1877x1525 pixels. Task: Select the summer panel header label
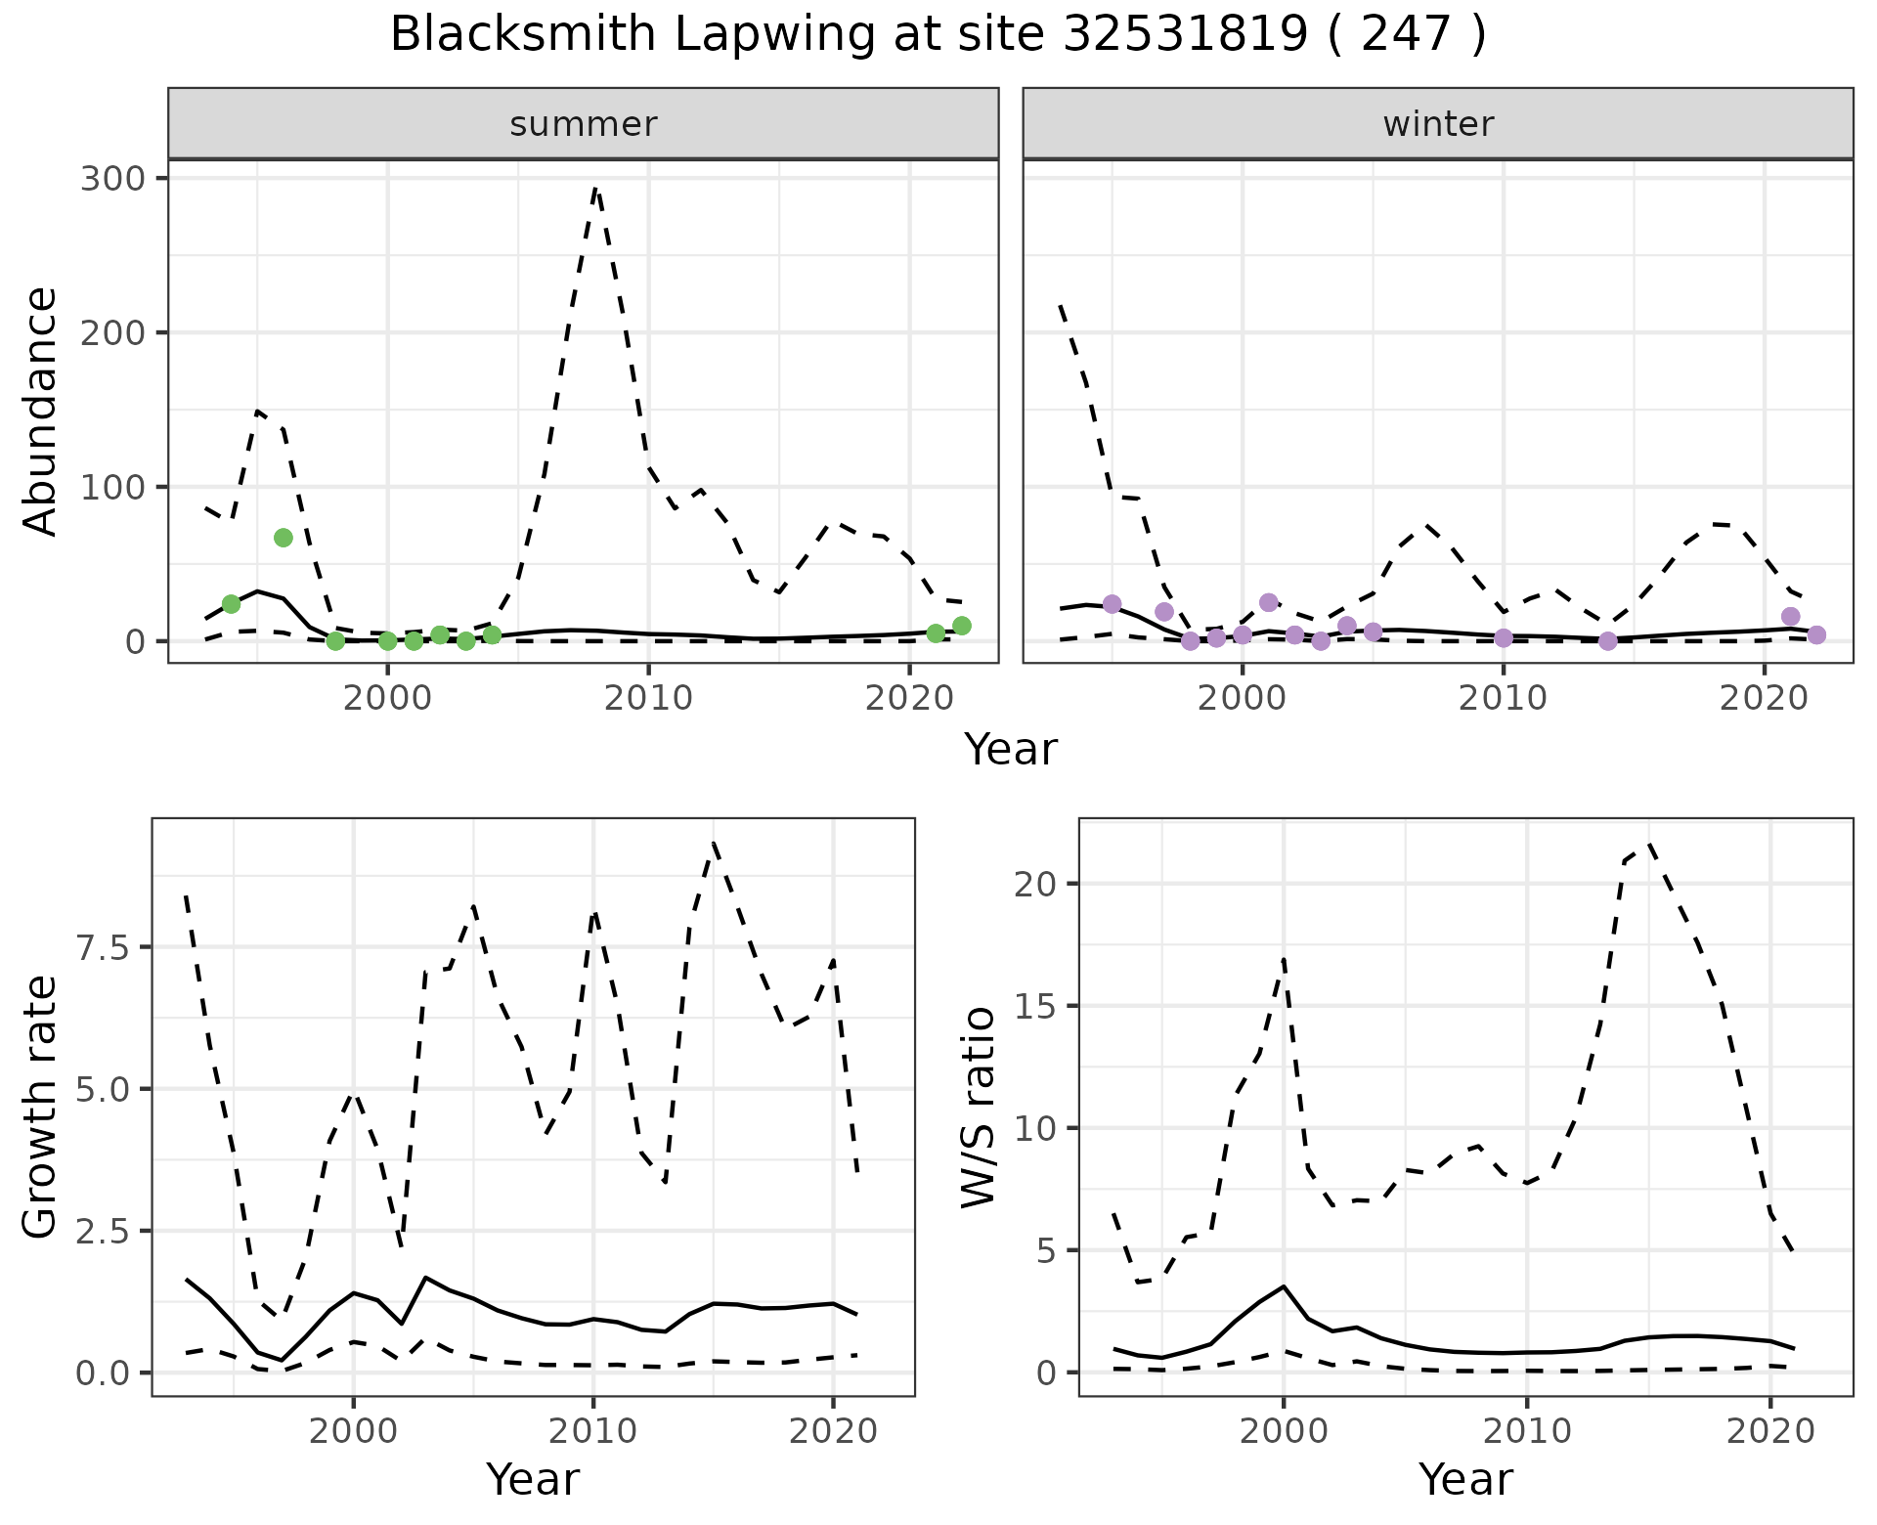(x=584, y=124)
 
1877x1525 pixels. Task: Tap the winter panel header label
(x=1438, y=124)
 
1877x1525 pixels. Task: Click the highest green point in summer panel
(x=284, y=538)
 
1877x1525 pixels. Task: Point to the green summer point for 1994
(x=231, y=604)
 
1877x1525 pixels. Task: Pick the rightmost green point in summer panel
(x=962, y=626)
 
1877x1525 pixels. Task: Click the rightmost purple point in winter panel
(x=1816, y=635)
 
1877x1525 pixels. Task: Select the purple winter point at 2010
(x=1504, y=638)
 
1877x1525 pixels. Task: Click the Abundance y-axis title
(x=41, y=411)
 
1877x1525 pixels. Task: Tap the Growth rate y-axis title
(x=41, y=1107)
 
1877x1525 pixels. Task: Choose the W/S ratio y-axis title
(x=978, y=1107)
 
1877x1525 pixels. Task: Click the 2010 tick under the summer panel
(x=648, y=698)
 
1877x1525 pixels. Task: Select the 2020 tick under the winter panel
(x=1765, y=698)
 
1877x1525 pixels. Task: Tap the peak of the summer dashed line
(x=596, y=188)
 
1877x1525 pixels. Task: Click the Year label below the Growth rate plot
(x=533, y=1479)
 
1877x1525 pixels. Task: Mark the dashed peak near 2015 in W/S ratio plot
(x=1649, y=843)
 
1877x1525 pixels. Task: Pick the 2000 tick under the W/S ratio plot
(x=1283, y=1431)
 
